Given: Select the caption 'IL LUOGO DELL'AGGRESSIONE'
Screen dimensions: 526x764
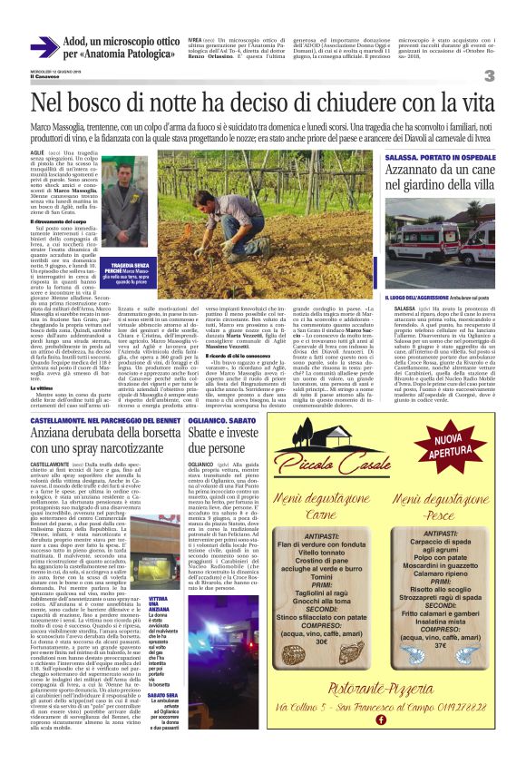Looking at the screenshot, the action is [x=395, y=297].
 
